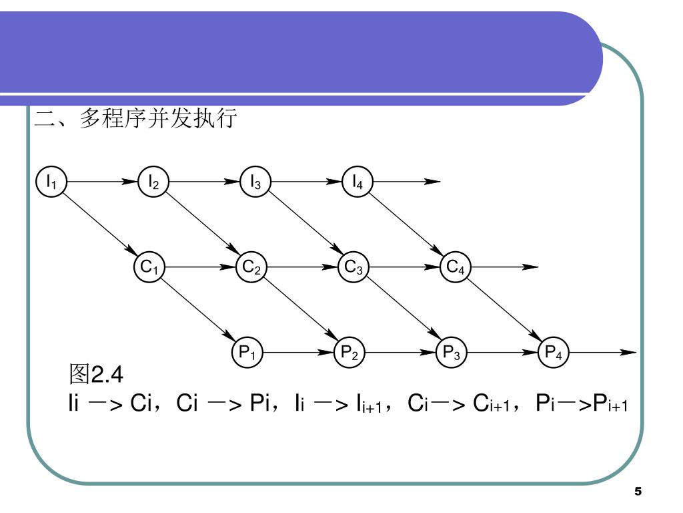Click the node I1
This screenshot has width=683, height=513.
pos(51,181)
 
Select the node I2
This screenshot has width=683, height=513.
pos(153,181)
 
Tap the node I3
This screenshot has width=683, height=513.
pos(255,181)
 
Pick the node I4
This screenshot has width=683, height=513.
pos(358,181)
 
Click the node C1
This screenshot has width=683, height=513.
pos(149,267)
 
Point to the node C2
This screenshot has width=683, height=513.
pos(251,267)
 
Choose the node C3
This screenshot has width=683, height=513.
pos(353,267)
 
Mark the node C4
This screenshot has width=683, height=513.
pos(455,267)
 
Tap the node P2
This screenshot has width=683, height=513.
pos(349,352)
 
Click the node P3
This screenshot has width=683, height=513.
pos(451,352)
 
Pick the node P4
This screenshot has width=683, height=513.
pos(553,352)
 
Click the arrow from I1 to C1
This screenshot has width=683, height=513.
pos(100,224)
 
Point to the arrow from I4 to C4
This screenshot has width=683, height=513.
pos(406,224)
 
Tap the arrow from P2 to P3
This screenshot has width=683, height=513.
pos(400,352)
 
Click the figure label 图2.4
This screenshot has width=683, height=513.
pos(97,374)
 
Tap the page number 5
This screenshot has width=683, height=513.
pos(638,492)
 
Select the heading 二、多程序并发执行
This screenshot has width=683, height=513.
pos(136,120)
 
